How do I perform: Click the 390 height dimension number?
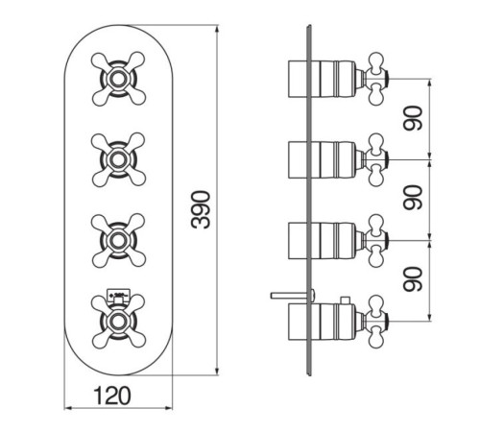tap(201, 209)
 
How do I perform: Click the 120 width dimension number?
tap(112, 396)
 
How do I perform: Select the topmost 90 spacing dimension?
tap(413, 118)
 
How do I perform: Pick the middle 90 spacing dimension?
tap(413, 198)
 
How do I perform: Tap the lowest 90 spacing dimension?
tap(413, 279)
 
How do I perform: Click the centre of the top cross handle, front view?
tap(118, 79)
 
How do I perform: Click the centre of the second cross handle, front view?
tap(118, 159)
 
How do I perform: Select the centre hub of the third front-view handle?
tap(118, 240)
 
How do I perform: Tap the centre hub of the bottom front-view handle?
tap(118, 321)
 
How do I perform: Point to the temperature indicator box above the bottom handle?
tap(118, 294)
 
